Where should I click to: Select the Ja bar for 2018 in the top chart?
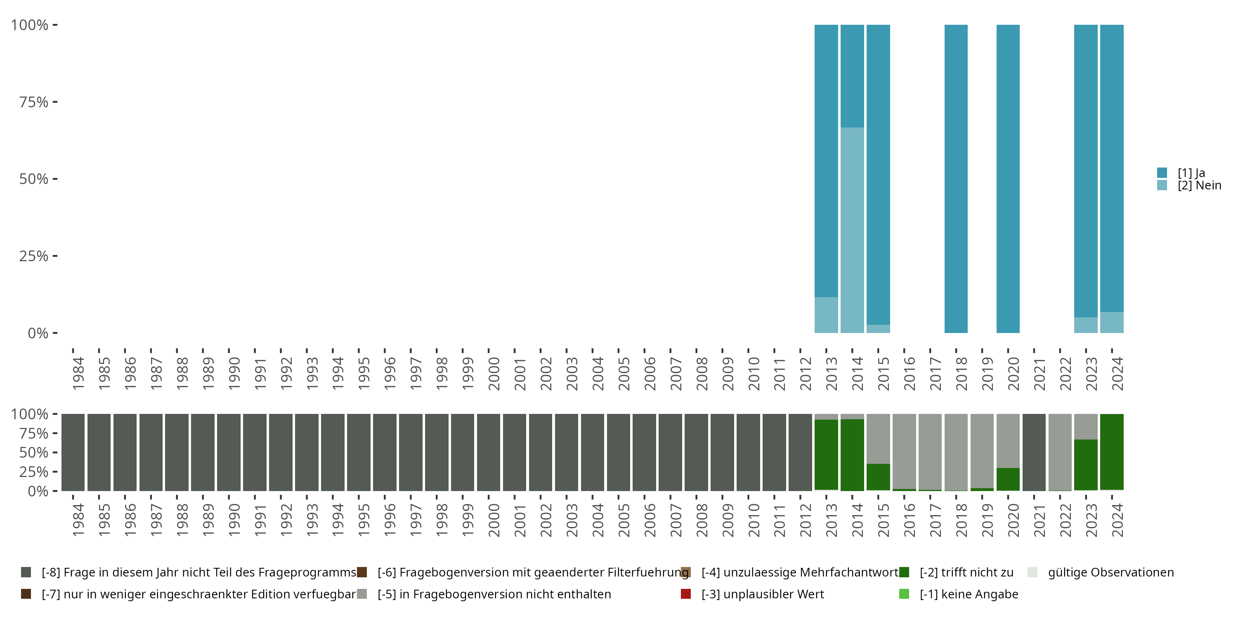(956, 178)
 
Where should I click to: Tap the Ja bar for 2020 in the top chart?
(1008, 178)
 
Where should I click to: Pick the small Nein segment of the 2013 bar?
(826, 315)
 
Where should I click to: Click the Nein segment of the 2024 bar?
(1112, 322)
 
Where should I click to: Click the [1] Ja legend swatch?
(1162, 172)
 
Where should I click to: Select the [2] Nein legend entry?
(1199, 186)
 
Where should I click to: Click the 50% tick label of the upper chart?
(34, 179)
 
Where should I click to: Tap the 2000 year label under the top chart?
(494, 373)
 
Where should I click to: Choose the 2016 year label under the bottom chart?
(909, 520)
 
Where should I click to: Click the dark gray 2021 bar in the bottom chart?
(1034, 452)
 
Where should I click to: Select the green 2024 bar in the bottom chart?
(1112, 452)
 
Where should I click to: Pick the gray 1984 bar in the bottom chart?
(73, 452)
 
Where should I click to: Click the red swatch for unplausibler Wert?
(686, 594)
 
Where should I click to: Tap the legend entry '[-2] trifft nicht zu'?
(966, 572)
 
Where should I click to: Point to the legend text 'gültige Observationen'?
(1110, 572)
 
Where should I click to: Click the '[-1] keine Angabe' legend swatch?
(904, 594)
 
